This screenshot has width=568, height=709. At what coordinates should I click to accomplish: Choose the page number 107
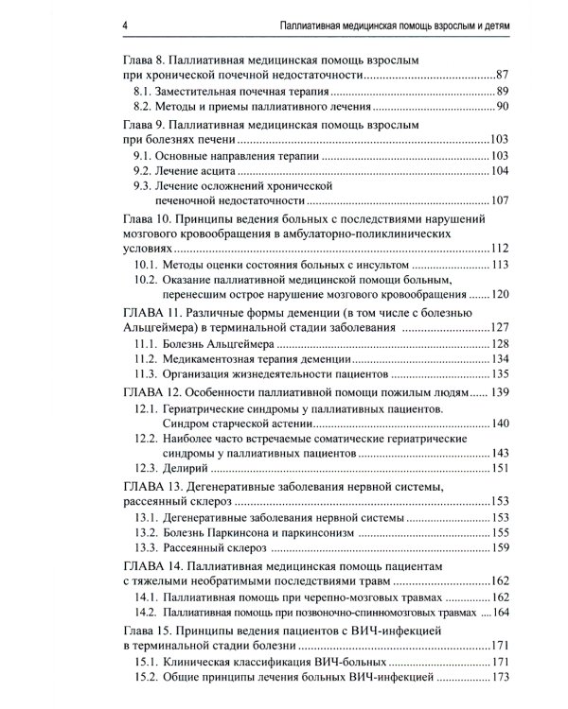(x=500, y=201)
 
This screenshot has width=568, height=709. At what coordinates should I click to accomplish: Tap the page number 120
(x=500, y=294)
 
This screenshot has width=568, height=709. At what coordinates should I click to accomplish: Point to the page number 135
(x=500, y=376)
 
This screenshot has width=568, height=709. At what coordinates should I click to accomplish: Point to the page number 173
(x=500, y=678)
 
